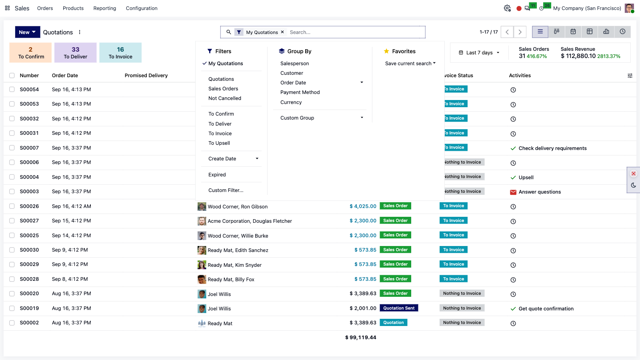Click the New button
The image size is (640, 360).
pos(28,32)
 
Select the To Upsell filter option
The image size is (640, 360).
pos(219,143)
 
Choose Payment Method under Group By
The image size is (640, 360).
pos(300,92)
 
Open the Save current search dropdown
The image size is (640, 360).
pos(410,64)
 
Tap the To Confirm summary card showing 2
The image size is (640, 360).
pos(30,52)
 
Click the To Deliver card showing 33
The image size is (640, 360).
pos(76,52)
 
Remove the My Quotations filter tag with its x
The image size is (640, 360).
pos(282,32)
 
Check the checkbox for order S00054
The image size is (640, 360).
pos(12,90)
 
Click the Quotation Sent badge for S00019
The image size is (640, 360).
pos(399,308)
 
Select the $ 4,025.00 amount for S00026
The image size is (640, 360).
pos(363,206)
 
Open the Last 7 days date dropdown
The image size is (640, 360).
pos(479,52)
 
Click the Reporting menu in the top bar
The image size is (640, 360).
pos(104,8)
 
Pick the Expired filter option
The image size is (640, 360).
pos(217,174)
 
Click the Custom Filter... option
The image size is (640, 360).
pos(226,190)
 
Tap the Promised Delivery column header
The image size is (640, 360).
pos(146,76)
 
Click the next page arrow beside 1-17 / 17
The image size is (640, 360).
pos(520,32)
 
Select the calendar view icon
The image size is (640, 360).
pos(573,32)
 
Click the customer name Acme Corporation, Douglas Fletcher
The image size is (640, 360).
pos(250,221)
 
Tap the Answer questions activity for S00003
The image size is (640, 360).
pos(540,192)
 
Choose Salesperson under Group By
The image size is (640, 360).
pos(294,64)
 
